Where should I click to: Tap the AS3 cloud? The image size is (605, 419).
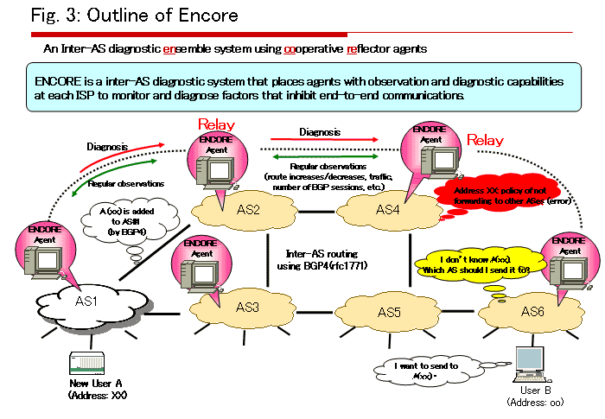(247, 307)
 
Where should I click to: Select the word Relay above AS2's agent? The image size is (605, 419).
(216, 125)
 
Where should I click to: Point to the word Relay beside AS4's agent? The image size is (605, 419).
(485, 140)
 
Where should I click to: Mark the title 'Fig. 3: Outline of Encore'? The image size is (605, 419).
(134, 16)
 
